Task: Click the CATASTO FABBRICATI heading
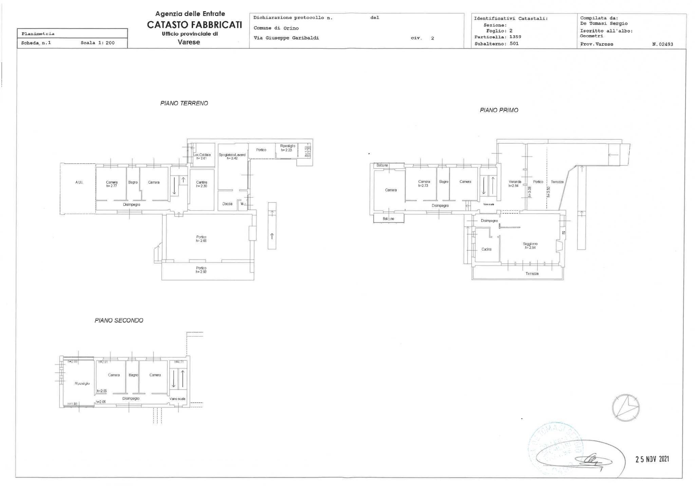[x=194, y=25]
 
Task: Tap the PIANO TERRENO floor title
[x=184, y=103]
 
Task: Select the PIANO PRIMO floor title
[x=499, y=110]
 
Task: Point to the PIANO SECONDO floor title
[x=119, y=320]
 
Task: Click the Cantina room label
[x=202, y=183]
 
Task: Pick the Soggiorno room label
[x=530, y=244]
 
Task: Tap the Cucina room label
[x=486, y=249]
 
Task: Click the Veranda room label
[x=515, y=182]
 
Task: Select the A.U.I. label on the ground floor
[x=79, y=183]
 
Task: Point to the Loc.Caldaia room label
[x=203, y=155]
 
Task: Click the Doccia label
[x=227, y=204]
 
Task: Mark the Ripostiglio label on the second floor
[x=82, y=383]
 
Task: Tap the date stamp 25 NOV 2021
[x=652, y=459]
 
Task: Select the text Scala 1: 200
[x=97, y=43]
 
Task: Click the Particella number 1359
[x=515, y=37]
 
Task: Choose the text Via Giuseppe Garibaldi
[x=286, y=38]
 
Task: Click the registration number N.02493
[x=662, y=44]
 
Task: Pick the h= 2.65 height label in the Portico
[x=201, y=241]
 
